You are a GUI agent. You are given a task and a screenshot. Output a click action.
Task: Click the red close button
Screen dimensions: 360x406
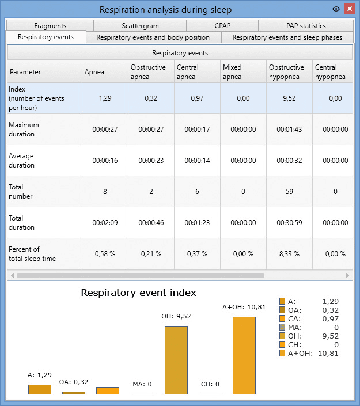pos(350,9)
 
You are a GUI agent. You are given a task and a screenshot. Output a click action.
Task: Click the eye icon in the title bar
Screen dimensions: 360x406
pos(336,9)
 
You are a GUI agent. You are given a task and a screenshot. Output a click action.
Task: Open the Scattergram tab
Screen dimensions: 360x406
pos(140,26)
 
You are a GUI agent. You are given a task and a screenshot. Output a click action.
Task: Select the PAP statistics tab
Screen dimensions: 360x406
pos(306,26)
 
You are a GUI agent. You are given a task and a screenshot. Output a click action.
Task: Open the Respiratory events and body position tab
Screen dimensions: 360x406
pos(153,37)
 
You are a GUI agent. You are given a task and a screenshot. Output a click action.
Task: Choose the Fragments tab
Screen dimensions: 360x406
pos(50,26)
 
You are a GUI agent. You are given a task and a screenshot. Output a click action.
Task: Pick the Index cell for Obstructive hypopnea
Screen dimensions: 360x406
pos(289,98)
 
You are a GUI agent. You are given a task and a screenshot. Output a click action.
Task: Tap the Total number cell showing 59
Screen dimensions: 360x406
pos(289,192)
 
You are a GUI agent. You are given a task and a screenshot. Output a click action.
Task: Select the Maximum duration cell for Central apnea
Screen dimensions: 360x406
pos(197,130)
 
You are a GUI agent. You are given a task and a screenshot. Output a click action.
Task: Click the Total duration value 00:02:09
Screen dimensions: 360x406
pos(105,223)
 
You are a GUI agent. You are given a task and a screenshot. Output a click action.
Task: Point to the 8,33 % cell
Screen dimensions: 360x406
pos(289,254)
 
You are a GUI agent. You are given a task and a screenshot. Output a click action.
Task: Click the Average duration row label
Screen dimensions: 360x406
pos(21,161)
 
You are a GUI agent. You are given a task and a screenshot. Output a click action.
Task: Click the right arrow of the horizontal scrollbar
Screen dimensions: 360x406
pos(347,275)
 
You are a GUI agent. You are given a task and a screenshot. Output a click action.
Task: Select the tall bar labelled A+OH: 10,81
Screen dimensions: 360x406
pos(244,355)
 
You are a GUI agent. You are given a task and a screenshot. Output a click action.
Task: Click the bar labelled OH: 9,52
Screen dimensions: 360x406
pos(176,360)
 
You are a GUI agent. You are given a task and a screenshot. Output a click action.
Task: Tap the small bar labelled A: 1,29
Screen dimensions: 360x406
pos(40,389)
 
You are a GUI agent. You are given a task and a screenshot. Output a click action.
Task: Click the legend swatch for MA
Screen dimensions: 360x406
pos(282,327)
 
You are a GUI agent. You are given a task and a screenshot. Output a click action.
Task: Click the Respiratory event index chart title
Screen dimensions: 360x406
pos(139,293)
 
